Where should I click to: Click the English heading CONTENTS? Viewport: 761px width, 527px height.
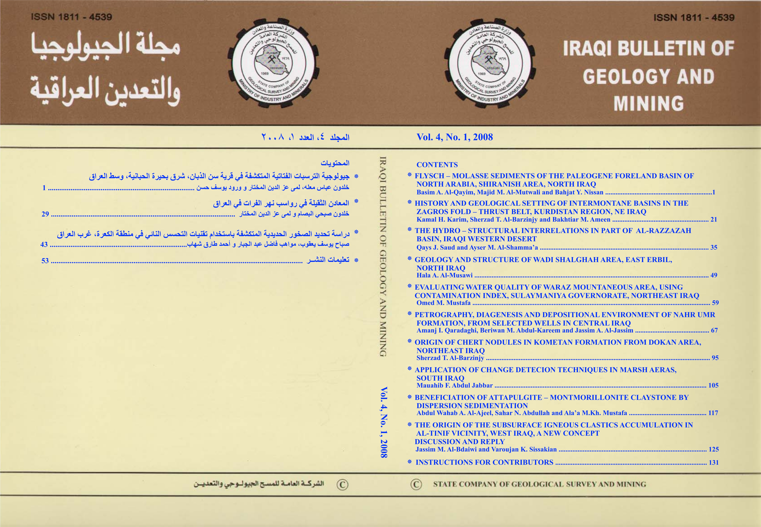[437, 165]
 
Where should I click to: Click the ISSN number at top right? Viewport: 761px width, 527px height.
[694, 17]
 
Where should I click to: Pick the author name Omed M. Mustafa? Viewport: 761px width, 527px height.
[443, 303]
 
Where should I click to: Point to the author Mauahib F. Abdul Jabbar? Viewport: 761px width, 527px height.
[454, 385]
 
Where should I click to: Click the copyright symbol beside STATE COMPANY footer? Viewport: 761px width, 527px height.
[416, 484]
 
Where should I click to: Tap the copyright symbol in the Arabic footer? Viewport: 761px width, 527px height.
[342, 484]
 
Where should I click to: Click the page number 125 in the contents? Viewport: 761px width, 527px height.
[713, 449]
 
